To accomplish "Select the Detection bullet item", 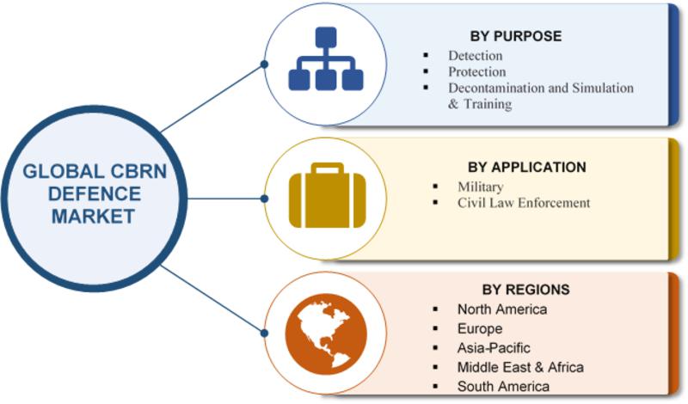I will pos(475,56).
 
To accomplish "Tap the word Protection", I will pos(476,72).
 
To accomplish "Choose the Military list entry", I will pos(481,187).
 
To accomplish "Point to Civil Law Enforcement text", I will pos(524,203).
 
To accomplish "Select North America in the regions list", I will pos(501,309).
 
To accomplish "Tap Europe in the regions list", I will pos(480,328).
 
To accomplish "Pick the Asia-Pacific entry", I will pos(494,348).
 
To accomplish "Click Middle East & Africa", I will pos(520,367).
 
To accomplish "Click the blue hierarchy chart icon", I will pos(325,59).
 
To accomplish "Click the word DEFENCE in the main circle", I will pos(93,193).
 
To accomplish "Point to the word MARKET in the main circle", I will pos(93,216).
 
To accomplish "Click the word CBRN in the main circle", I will pos(130,169).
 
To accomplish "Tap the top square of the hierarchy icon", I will pos(325,37).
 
